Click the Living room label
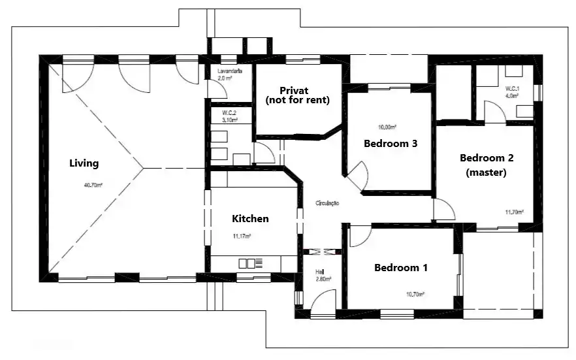pos(84,163)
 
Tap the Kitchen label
pos(251,219)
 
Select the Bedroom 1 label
pos(401,268)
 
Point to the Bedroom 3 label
pos(391,144)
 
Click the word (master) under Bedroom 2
pos(486,173)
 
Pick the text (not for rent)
pos(297,101)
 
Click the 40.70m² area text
pos(93,185)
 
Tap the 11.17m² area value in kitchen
pos(242,237)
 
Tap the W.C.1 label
pos(511,89)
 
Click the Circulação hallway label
pos(327,204)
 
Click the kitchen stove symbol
pos(251,263)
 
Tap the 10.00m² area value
pos(388,127)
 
